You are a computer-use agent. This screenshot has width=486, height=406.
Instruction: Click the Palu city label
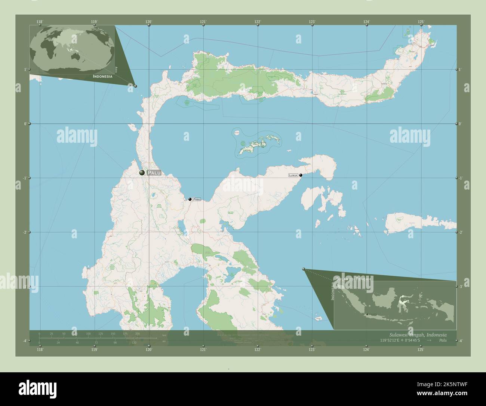click(x=156, y=173)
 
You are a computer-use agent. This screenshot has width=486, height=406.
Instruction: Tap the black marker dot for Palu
click(x=142, y=173)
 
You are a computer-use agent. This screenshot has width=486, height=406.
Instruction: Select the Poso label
click(x=197, y=199)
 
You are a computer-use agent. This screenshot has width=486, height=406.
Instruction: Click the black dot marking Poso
click(x=190, y=199)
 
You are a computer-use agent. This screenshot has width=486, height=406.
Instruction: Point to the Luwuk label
click(x=293, y=175)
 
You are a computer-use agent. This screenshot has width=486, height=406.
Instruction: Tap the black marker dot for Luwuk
click(x=301, y=175)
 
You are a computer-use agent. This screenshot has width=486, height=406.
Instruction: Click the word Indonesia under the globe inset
click(x=102, y=76)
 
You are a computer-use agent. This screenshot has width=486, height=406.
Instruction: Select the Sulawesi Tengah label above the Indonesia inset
click(x=353, y=279)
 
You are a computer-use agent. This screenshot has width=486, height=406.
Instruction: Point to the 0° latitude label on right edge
click(x=460, y=124)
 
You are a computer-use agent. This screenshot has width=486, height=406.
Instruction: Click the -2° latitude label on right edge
click(x=460, y=232)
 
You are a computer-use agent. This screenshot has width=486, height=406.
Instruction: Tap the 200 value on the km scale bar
click(x=137, y=333)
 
